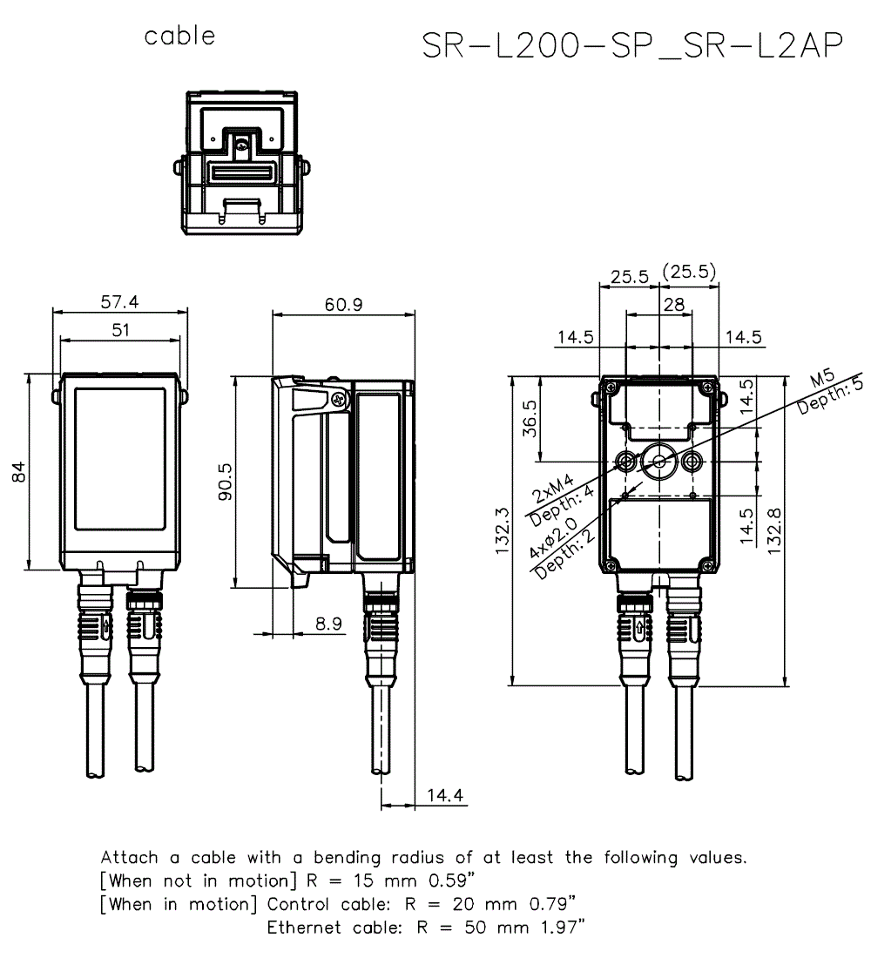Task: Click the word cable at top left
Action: (179, 36)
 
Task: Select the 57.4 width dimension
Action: (120, 302)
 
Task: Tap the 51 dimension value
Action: (120, 330)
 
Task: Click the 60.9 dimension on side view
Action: (343, 304)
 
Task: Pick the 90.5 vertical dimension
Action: (225, 481)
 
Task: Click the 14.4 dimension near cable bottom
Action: (445, 794)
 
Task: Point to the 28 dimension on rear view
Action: (673, 304)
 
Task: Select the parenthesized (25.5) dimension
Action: (689, 273)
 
